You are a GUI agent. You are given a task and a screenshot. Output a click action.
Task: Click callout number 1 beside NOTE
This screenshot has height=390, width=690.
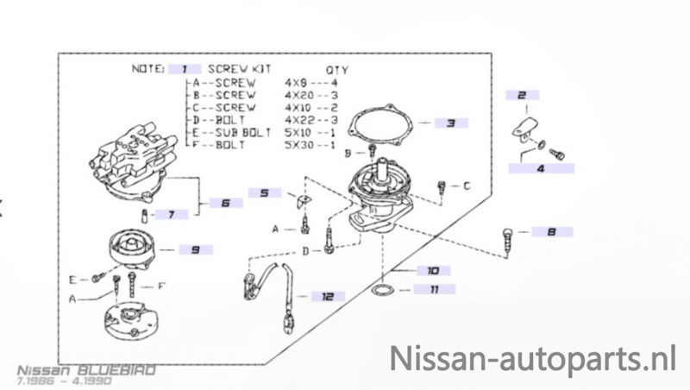[x=185, y=66]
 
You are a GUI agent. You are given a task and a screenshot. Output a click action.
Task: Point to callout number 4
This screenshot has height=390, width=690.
[x=540, y=170]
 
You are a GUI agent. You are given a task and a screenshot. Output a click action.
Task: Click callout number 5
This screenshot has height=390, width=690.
[x=264, y=192]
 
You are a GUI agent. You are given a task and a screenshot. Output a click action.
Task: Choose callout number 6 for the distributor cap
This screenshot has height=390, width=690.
[x=224, y=204]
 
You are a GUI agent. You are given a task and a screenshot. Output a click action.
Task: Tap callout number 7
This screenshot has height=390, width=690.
[x=170, y=213]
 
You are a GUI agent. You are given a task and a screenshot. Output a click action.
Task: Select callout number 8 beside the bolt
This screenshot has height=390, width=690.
[x=551, y=231]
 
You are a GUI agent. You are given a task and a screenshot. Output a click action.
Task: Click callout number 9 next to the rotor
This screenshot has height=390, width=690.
[x=195, y=249]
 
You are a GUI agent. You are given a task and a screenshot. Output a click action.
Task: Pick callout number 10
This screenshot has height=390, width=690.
[x=432, y=270]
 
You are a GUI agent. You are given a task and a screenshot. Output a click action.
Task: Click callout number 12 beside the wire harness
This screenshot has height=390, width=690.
[x=327, y=296]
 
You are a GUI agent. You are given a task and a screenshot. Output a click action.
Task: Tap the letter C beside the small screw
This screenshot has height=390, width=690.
[x=466, y=185]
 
